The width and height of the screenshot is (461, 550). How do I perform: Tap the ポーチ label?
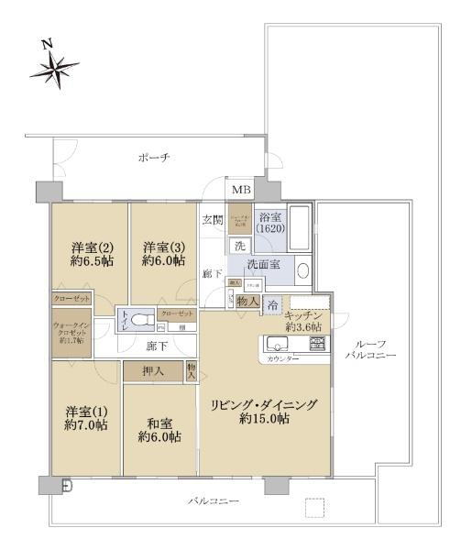152,157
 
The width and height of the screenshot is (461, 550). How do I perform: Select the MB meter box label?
240,190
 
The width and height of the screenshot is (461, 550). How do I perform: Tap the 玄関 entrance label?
213,219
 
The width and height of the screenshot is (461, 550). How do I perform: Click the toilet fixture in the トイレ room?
138,320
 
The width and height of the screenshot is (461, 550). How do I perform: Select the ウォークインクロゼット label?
69,330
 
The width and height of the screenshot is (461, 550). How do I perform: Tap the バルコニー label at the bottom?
213,501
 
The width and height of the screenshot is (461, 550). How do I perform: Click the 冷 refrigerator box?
273,304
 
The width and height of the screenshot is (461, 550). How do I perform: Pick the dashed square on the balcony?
315,509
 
